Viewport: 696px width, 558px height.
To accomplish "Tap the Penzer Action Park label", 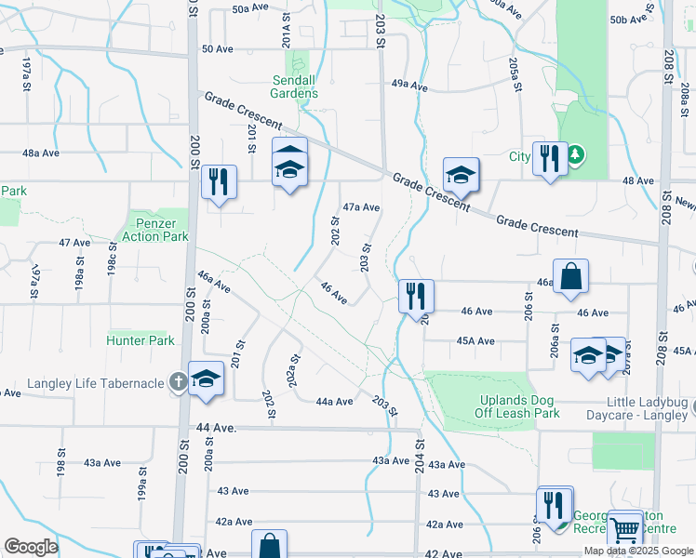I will [154, 230].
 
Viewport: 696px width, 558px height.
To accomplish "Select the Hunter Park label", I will [141, 341].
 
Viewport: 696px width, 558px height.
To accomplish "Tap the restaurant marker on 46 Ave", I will [415, 296].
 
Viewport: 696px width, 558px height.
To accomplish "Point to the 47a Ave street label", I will [361, 207].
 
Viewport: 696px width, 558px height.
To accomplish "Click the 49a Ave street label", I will [408, 86].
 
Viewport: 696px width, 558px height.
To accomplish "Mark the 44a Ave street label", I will [334, 402].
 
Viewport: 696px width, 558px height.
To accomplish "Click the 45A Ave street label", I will [474, 341].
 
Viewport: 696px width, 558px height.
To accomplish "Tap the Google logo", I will [31, 547].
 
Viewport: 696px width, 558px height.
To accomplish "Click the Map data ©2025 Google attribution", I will [638, 551].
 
